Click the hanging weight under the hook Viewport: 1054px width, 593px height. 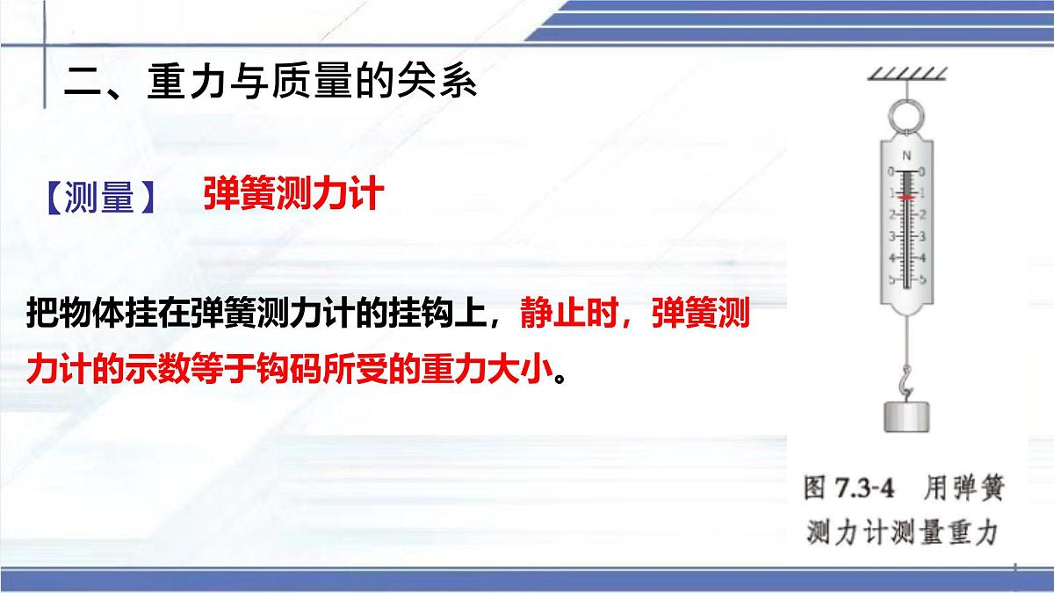(906, 416)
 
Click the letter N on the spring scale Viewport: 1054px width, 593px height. (906, 155)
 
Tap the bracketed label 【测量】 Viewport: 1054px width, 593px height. (98, 199)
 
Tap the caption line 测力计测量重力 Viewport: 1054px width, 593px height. (905, 532)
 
